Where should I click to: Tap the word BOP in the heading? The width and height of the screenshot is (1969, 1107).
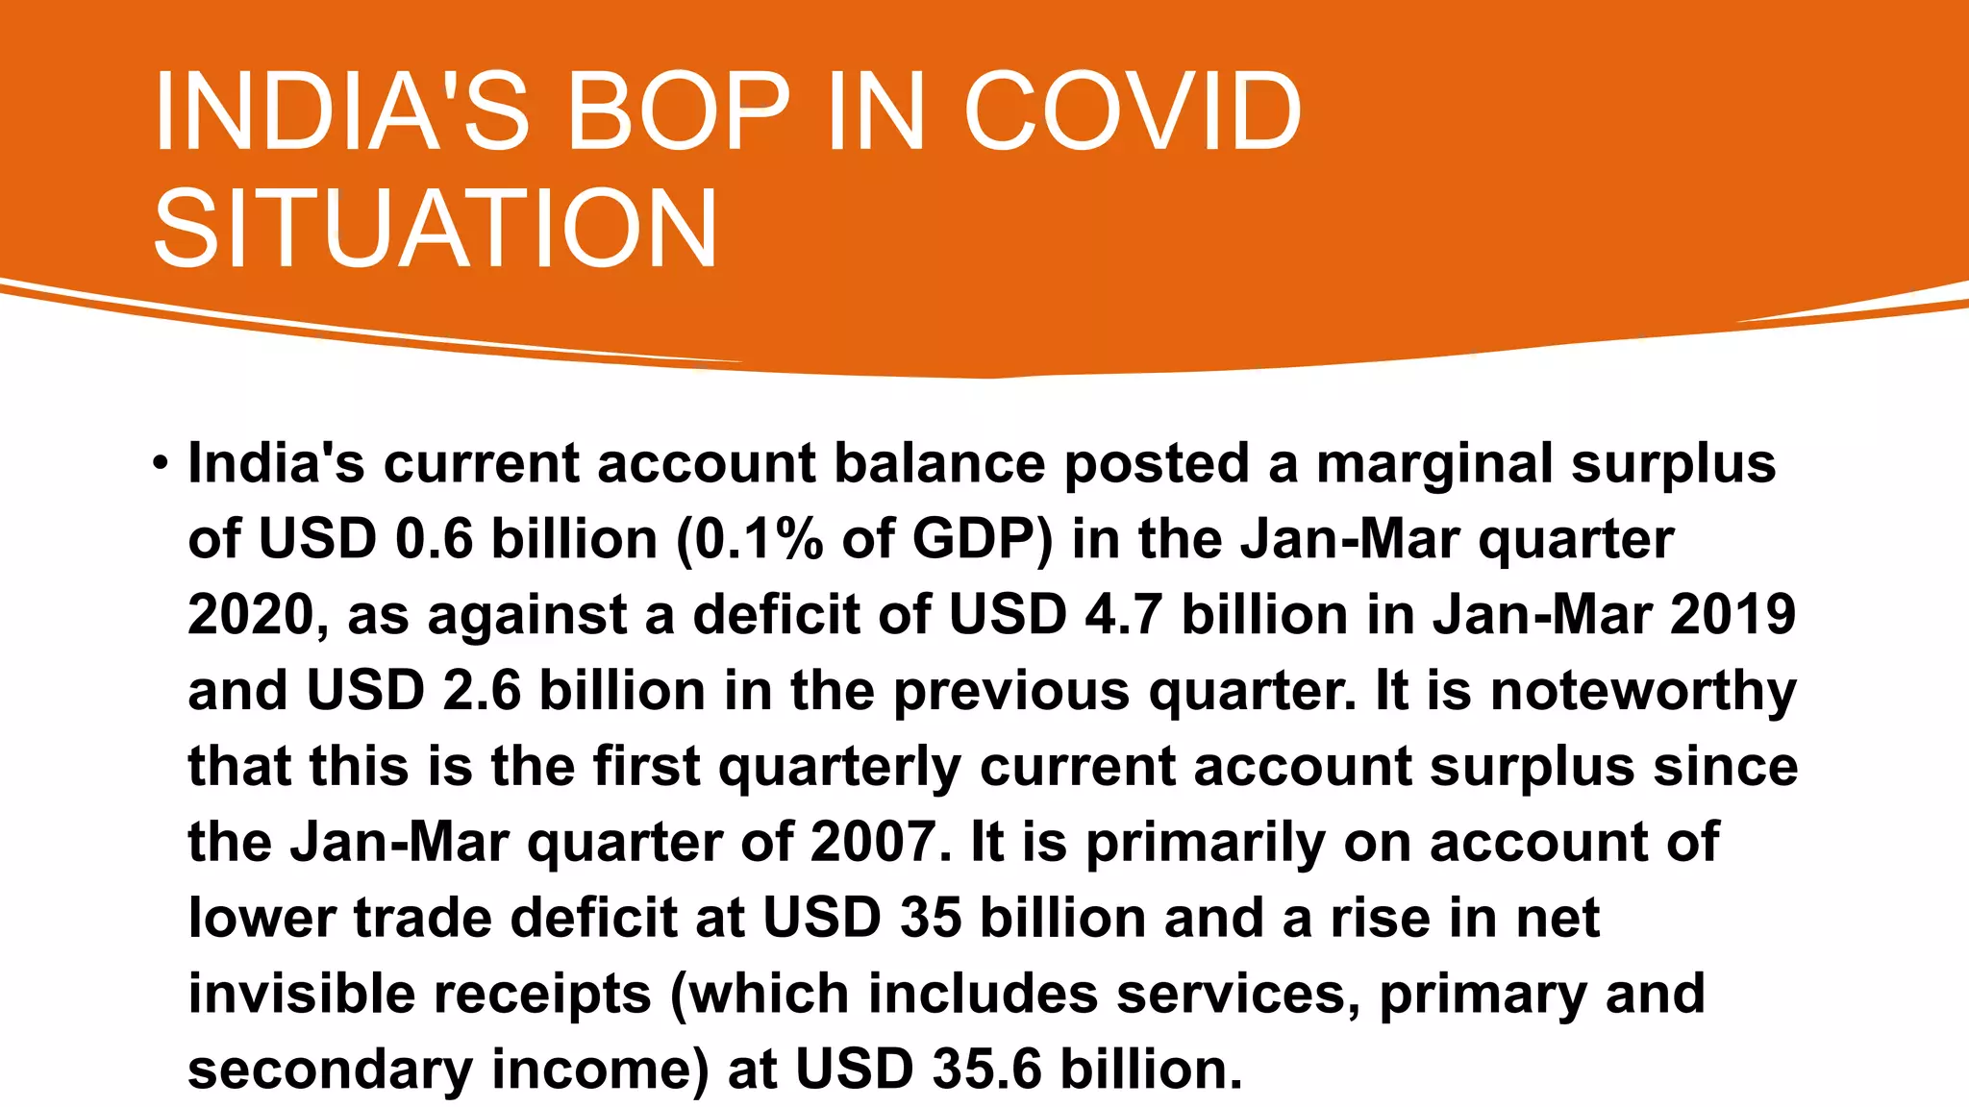678,111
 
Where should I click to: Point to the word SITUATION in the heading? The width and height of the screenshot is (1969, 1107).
435,229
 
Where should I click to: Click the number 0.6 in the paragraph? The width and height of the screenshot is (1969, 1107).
435,539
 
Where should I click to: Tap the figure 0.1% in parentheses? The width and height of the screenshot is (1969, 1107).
759,539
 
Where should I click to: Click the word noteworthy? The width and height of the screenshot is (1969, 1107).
1643,691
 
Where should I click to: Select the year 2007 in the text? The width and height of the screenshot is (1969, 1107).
873,843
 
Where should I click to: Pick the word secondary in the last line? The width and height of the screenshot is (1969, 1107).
330,1070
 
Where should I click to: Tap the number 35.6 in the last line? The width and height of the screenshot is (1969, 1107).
986,1070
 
